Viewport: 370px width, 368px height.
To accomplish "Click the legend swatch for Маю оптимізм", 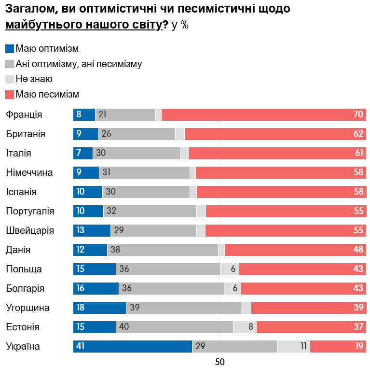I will click(x=10, y=49).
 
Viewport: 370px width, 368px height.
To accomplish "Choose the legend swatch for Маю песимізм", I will click(x=10, y=95).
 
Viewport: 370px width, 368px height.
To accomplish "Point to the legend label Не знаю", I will click(x=34, y=79).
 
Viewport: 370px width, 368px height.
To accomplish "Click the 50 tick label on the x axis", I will click(x=220, y=362).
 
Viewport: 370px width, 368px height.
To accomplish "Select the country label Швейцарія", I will click(x=29, y=230).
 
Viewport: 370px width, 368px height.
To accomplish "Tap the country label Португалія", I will click(x=30, y=211).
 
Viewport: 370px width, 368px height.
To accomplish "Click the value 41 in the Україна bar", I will click(x=81, y=346).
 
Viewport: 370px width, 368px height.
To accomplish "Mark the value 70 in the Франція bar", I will click(x=358, y=114).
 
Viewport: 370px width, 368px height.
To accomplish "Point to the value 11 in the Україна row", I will click(x=303, y=346).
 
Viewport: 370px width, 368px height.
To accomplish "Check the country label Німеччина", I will click(x=29, y=172).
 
